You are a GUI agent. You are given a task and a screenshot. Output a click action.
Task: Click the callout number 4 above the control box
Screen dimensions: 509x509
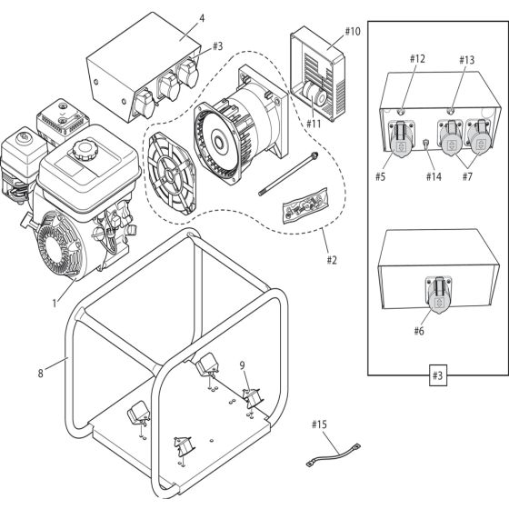point(202,18)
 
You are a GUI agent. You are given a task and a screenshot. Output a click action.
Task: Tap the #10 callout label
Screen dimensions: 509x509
point(353,32)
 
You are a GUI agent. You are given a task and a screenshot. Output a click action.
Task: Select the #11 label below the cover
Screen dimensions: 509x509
point(314,124)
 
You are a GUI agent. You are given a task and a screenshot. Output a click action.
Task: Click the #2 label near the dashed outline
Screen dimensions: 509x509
point(332,260)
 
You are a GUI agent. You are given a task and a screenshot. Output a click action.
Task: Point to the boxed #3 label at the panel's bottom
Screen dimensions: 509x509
point(437,375)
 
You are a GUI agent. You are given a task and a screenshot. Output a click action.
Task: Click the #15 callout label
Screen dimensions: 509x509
point(319,424)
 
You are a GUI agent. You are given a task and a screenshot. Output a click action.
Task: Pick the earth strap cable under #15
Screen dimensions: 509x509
point(333,455)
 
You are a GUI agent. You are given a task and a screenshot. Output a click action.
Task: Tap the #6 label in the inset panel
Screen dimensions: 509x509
point(419,331)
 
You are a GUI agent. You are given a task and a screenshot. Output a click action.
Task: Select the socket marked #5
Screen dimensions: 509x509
point(400,139)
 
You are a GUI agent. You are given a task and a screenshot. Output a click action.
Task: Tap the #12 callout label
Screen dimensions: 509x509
point(417,59)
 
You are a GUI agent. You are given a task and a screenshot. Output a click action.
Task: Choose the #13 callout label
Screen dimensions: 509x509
point(466,60)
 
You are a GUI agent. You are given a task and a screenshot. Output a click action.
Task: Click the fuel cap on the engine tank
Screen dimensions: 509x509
point(85,149)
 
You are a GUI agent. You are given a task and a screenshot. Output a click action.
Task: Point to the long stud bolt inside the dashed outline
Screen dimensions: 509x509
point(288,174)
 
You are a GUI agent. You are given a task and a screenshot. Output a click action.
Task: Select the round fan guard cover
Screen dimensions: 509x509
point(171,174)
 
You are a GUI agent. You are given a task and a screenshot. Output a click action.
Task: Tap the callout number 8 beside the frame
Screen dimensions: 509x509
point(41,374)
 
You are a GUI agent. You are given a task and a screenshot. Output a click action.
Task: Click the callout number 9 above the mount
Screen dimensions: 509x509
point(243,365)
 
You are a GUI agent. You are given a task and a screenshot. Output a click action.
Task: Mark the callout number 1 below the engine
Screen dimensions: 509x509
point(55,304)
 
